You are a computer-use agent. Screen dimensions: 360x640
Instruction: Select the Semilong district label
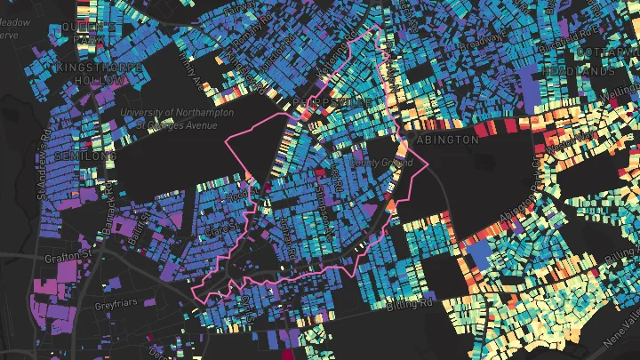(x=84, y=155)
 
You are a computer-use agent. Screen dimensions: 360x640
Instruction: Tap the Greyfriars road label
(x=114, y=306)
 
